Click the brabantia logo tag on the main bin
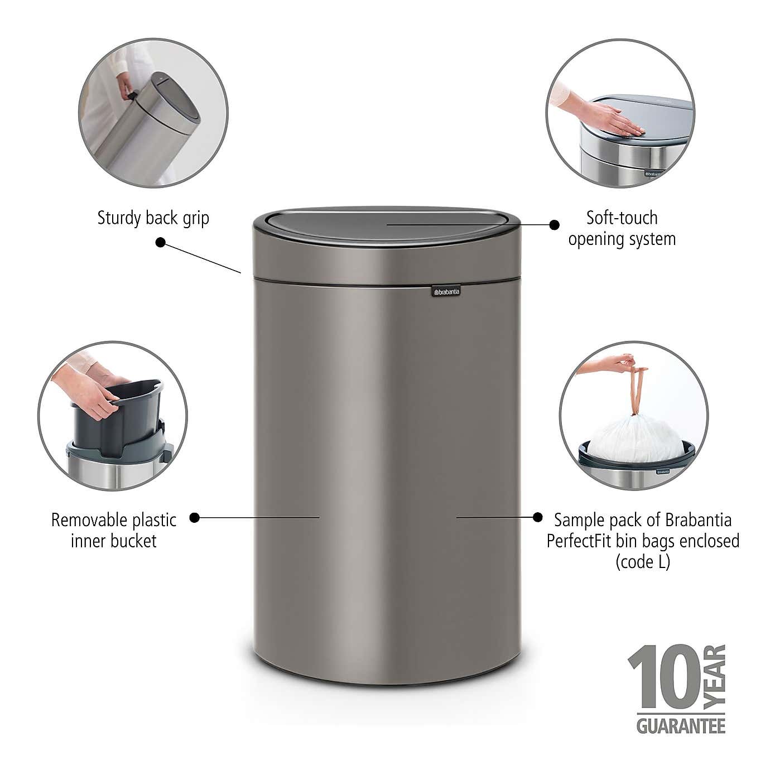coord(445,291)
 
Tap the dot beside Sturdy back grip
coord(161,242)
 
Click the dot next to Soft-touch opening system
coord(554,224)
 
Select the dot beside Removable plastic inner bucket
coord(194,517)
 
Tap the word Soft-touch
coord(622,218)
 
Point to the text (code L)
coord(642,561)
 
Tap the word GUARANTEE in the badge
coord(681,726)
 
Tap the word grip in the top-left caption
coord(195,218)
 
